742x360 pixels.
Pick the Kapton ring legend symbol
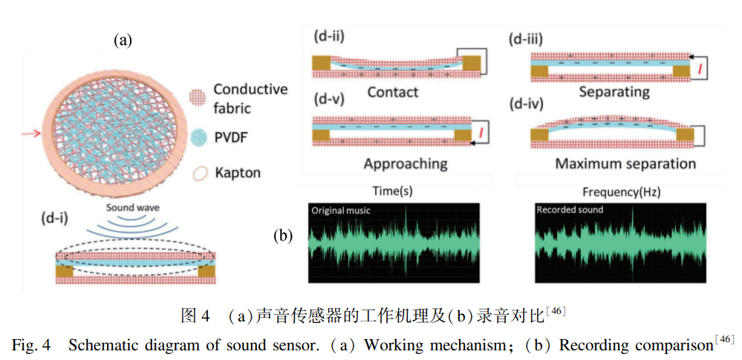pos(201,174)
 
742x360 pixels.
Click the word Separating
pos(614,91)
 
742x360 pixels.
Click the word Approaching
pos(405,164)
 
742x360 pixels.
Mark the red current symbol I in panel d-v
pos(481,131)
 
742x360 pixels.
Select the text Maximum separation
pos(625,164)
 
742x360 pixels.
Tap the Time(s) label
pos(393,192)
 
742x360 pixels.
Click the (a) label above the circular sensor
pos(122,41)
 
